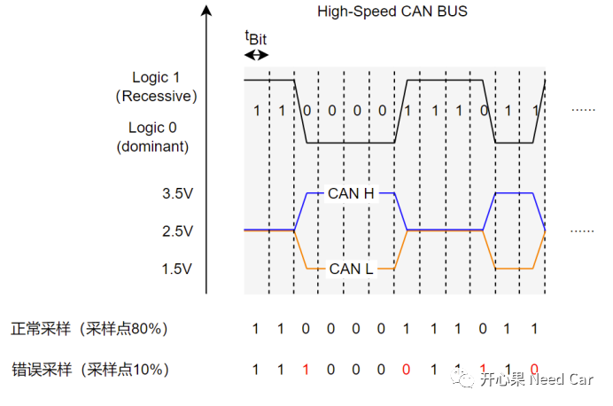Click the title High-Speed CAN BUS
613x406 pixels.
tap(392, 12)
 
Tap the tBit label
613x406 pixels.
tap(255, 38)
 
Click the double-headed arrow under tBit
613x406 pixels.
tap(256, 54)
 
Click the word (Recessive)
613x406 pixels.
tap(156, 96)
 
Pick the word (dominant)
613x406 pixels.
tap(152, 146)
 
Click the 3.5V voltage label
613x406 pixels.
tap(177, 193)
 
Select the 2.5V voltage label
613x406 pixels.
tap(177, 231)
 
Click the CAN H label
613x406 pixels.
tap(350, 192)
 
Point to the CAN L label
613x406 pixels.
tap(351, 269)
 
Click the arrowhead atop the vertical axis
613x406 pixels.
tap(206, 12)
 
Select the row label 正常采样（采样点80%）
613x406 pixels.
tap(89, 329)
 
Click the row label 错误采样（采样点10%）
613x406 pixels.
tap(89, 369)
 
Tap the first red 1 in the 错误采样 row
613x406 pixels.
tap(306, 369)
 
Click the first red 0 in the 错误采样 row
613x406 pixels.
tap(407, 369)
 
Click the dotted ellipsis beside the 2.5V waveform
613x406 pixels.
tap(582, 231)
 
